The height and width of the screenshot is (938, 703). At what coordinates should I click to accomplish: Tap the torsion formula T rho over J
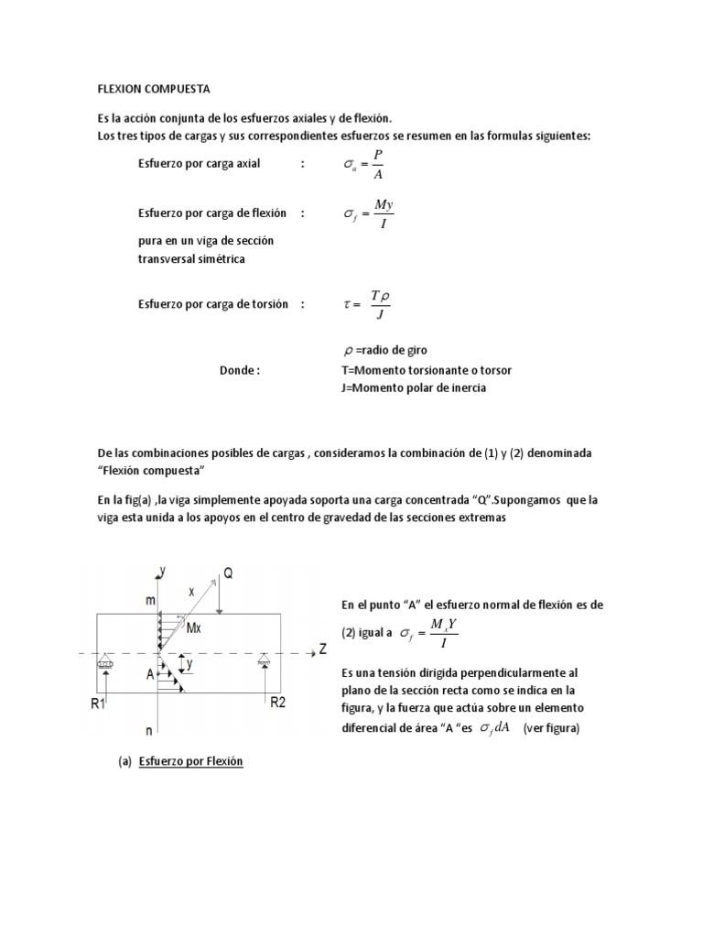pyautogui.click(x=368, y=304)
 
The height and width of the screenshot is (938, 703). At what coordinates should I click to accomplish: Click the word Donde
pyautogui.click(x=240, y=371)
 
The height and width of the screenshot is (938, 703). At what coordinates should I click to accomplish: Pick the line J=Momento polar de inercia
pyautogui.click(x=412, y=387)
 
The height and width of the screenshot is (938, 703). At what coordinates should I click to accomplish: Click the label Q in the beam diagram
pyautogui.click(x=229, y=575)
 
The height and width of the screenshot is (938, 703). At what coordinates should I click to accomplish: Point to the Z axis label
pyautogui.click(x=322, y=649)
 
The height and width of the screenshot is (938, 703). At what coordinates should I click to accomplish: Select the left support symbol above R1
pyautogui.click(x=107, y=660)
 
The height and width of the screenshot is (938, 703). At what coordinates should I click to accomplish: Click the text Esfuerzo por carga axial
pyautogui.click(x=199, y=164)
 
